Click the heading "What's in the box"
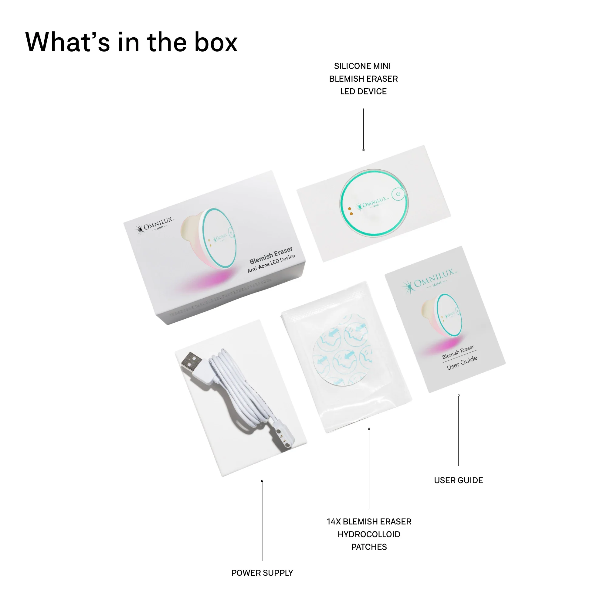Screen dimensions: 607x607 (x=131, y=42)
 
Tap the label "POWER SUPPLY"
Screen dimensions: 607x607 (x=262, y=573)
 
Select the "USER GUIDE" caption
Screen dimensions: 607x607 (x=458, y=480)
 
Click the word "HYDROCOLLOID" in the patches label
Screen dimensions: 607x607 (x=369, y=534)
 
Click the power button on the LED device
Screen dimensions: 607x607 (x=398, y=194)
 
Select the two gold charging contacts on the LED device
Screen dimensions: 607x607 (x=350, y=211)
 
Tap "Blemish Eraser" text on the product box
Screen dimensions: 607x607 (x=271, y=256)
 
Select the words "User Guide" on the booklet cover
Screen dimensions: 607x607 (x=462, y=363)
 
